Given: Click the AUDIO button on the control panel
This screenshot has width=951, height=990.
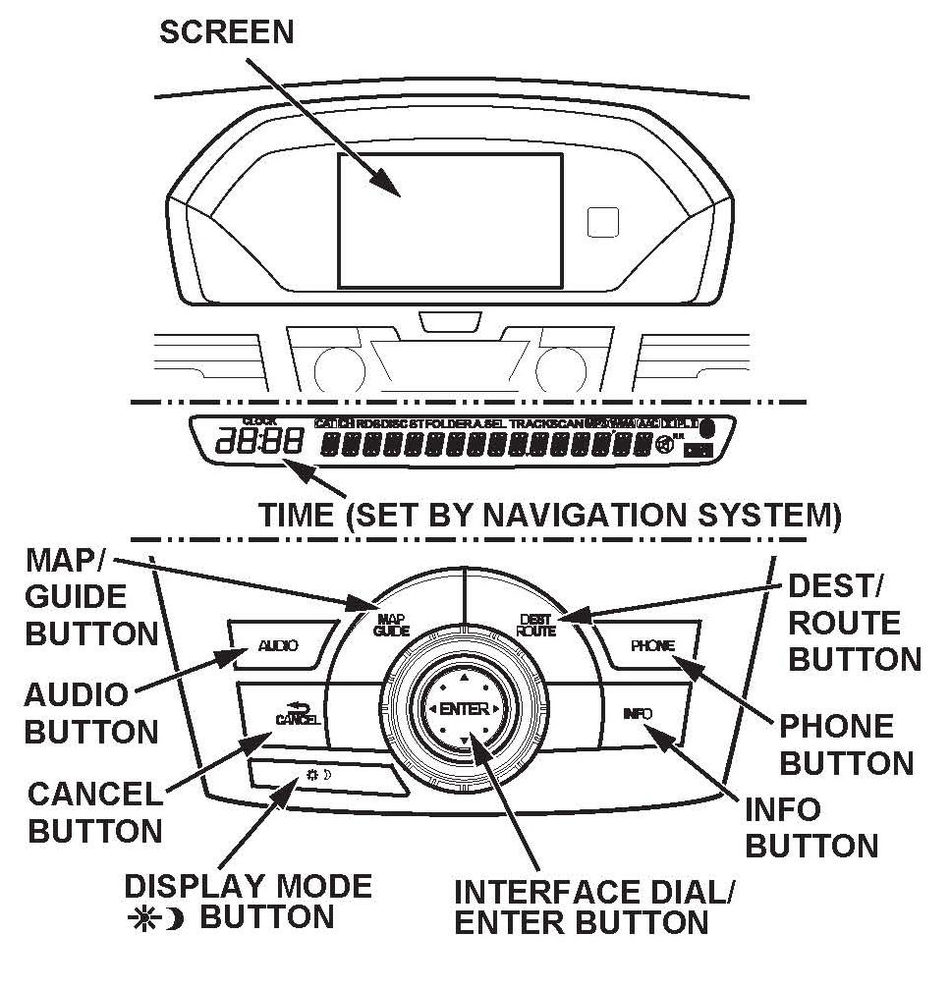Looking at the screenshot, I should pyautogui.click(x=277, y=645).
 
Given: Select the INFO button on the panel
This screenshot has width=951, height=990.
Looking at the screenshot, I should pyautogui.click(x=637, y=714).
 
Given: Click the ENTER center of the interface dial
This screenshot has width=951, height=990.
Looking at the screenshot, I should pyautogui.click(x=464, y=708).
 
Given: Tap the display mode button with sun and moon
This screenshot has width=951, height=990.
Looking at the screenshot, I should pyautogui.click(x=324, y=777).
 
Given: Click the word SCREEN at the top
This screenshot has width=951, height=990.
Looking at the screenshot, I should pyautogui.click(x=227, y=31).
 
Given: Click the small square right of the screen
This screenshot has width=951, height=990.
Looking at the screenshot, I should pyautogui.click(x=601, y=222).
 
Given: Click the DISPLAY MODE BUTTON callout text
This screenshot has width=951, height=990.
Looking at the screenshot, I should pyautogui.click(x=248, y=902).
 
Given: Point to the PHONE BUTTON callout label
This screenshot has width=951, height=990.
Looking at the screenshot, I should pyautogui.click(x=846, y=744).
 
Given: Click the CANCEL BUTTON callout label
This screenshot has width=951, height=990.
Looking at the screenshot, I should pyautogui.click(x=94, y=811).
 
